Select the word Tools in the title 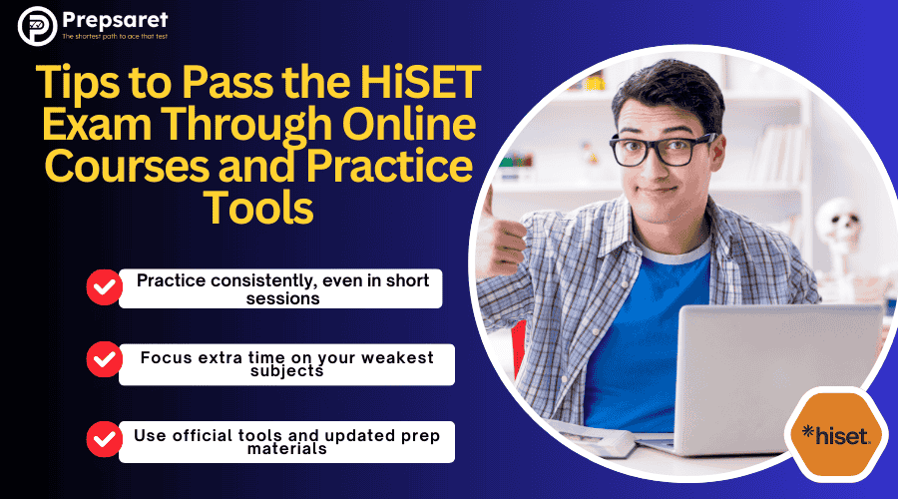[x=258, y=208]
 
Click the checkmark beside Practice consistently [x=103, y=287]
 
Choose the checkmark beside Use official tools [x=103, y=437]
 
